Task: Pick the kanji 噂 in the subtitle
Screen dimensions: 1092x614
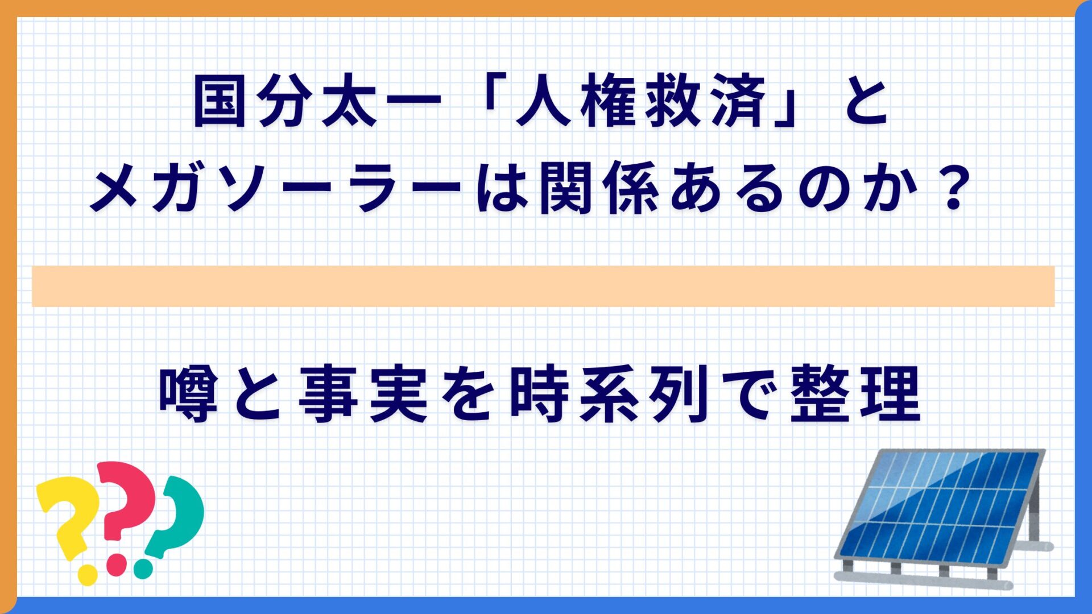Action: tap(188, 393)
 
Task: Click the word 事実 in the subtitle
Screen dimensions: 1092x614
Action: tap(363, 393)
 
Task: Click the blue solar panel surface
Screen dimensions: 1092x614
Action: tap(941, 509)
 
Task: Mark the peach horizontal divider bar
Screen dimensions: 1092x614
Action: tap(543, 286)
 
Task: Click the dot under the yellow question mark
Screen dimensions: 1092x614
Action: tap(88, 575)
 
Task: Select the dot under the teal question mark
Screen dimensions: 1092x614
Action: tap(143, 569)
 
